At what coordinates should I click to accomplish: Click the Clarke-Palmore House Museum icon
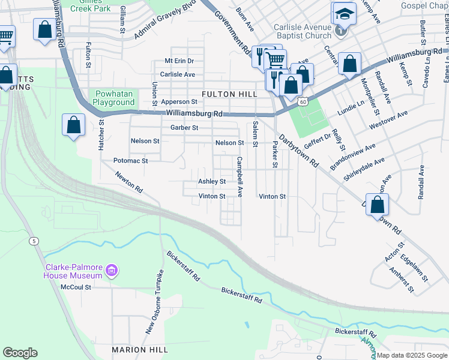[x=111, y=272]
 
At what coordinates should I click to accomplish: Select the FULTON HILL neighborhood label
[x=229, y=94]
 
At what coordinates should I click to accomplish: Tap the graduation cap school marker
[x=344, y=14]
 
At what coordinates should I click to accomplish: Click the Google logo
[x=20, y=353]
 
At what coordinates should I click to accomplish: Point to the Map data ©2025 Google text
[x=411, y=355]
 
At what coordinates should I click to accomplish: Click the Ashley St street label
[x=212, y=182]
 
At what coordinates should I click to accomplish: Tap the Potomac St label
[x=130, y=161]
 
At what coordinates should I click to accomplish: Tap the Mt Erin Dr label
[x=179, y=61]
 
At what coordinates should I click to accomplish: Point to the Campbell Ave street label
[x=240, y=177]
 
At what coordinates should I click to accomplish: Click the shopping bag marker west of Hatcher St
[x=73, y=125]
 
